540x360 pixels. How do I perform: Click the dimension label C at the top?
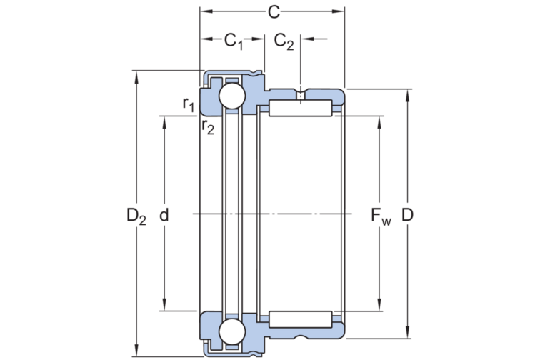273,12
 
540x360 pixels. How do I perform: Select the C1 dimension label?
234,42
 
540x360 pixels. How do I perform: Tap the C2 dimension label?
284,42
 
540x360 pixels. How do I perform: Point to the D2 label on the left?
136,214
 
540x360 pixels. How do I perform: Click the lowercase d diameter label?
164,214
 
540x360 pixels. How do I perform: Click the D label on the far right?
408,214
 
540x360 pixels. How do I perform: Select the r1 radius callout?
189,104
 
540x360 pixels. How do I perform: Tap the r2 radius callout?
206,128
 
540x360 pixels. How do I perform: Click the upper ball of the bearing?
232,96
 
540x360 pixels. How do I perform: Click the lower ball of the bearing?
232,331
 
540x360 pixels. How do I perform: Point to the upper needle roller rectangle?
300,109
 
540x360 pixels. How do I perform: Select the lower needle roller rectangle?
300,319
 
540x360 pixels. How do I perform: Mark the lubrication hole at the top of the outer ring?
301,94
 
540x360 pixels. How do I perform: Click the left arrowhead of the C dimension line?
204,11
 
